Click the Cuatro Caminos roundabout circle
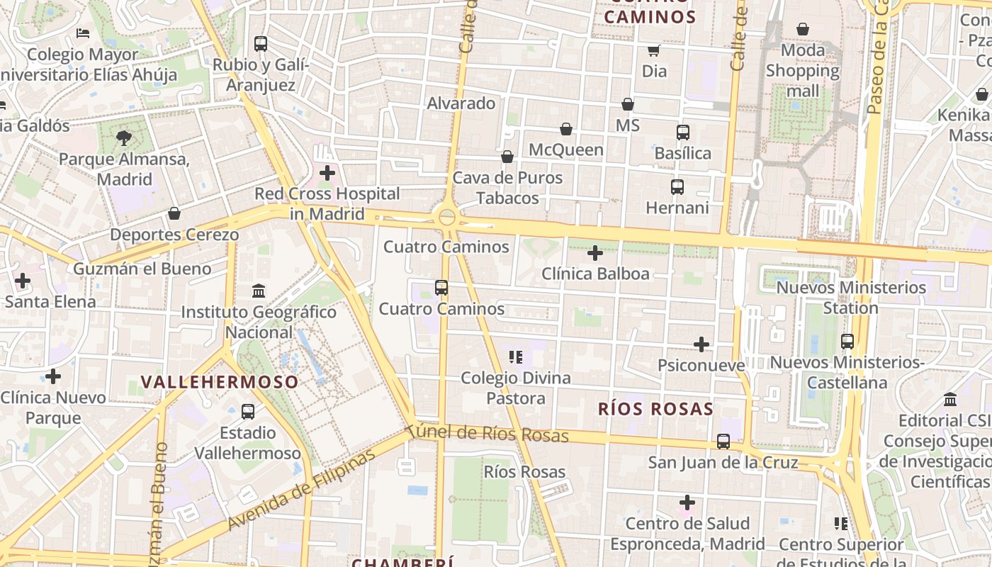447,217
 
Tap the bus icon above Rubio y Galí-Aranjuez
261,44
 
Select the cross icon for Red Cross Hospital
327,172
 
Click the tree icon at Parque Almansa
124,137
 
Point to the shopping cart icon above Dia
653,50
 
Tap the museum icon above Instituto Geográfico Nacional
259,291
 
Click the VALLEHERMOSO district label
220,382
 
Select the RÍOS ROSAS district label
655,409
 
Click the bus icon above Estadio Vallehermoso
248,412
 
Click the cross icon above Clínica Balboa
595,252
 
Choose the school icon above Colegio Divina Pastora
516,357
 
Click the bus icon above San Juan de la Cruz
723,442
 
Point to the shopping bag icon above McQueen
566,129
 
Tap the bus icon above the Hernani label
677,187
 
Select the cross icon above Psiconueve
701,344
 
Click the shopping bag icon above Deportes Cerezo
174,213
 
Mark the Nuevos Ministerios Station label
850,298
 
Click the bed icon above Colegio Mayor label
83,33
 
